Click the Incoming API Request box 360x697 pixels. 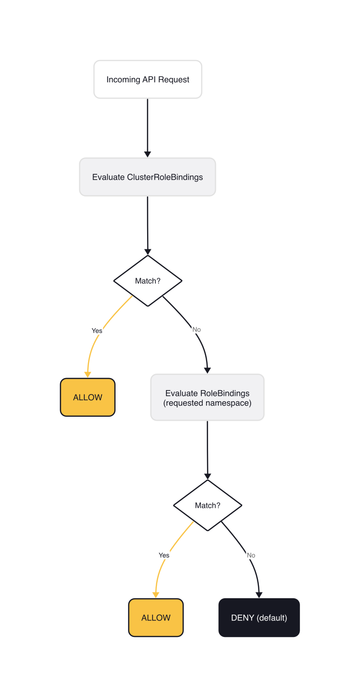[x=148, y=79]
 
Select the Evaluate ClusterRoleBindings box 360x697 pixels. [x=148, y=177]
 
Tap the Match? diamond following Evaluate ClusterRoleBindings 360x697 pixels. [x=148, y=281]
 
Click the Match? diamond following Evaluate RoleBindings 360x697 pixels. [x=208, y=505]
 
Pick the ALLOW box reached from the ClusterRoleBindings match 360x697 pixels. [x=88, y=397]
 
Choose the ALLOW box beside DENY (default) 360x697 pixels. [x=156, y=618]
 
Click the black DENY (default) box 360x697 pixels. [x=259, y=618]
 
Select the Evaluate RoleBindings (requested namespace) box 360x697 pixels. [x=207, y=397]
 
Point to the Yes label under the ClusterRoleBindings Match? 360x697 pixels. [x=97, y=331]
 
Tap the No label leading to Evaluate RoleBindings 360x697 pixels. [x=196, y=330]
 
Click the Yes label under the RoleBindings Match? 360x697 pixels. [x=164, y=555]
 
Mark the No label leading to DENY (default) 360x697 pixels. [x=251, y=555]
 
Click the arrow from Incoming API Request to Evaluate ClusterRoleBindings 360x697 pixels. [x=148, y=126]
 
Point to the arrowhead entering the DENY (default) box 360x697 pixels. [x=259, y=595]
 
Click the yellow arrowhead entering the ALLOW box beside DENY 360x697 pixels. [x=156, y=595]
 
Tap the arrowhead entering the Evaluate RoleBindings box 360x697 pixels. [x=208, y=370]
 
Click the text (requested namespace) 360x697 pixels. [x=207, y=403]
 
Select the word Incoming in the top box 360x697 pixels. [x=123, y=79]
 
